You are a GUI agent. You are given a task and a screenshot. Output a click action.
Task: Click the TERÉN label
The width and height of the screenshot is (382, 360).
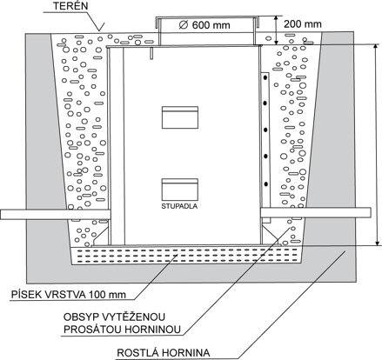tap(70, 6)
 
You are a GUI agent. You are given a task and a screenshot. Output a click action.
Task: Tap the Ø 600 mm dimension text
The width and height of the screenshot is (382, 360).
tap(204, 25)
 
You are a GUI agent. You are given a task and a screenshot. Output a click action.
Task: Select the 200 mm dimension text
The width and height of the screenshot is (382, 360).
tap(303, 23)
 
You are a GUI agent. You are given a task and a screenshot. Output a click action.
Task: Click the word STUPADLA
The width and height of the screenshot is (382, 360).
tap(179, 206)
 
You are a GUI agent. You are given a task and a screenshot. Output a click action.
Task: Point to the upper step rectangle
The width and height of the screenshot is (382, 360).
tap(180, 117)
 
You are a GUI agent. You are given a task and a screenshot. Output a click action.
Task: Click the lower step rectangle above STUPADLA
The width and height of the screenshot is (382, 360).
tap(180, 190)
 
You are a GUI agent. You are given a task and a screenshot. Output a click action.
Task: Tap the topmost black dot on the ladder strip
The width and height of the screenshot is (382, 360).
tap(265, 77)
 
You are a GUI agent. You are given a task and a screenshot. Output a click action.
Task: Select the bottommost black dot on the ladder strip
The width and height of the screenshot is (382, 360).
tap(265, 184)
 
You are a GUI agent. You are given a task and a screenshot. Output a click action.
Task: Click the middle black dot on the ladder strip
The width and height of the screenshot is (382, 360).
tap(265, 130)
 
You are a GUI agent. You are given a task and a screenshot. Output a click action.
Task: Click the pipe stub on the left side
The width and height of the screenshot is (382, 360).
tap(56, 214)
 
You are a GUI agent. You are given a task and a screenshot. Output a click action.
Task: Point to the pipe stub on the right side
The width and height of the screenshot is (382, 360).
tap(316, 213)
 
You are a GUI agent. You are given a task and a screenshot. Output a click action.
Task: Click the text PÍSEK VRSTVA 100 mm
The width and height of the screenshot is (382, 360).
tap(69, 295)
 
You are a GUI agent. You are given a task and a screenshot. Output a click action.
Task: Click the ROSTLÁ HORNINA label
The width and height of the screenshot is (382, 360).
tap(164, 353)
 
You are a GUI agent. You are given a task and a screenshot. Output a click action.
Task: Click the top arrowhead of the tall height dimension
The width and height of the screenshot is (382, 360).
tap(377, 47)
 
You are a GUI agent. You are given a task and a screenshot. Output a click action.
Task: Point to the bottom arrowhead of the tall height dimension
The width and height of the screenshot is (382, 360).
tap(377, 243)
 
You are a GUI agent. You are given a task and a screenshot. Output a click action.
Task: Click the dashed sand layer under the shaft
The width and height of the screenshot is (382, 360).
tap(187, 255)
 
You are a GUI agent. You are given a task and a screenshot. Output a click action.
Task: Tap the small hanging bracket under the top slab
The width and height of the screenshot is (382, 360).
tap(151, 53)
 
